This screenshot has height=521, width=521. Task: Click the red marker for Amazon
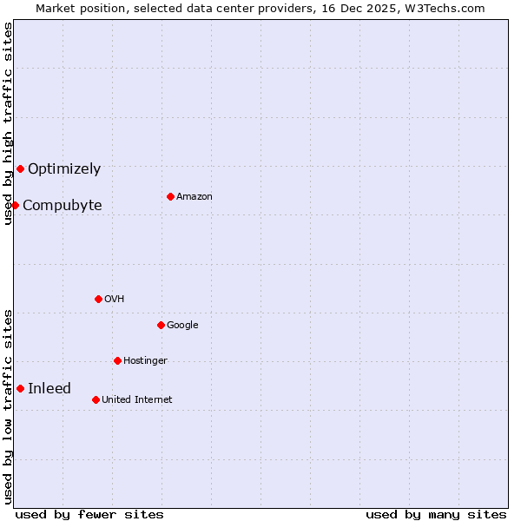pos(170,196)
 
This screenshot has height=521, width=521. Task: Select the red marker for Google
pos(161,325)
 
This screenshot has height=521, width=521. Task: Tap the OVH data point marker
pos(98,299)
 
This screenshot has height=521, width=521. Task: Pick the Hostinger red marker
pos(117,360)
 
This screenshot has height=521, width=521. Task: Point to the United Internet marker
pos(96,399)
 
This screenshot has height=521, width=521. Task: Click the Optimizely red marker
pos(20,168)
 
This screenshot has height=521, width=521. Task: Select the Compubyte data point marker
pos(15,205)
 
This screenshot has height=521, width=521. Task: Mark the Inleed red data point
pos(20,388)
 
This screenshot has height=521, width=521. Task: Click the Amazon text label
pos(195,197)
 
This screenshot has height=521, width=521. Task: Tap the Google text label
pos(182,326)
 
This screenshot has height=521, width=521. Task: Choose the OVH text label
pos(115,300)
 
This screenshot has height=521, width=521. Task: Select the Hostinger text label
pos(145,361)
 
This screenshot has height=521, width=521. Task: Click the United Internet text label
pos(137,400)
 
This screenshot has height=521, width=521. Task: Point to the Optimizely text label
pos(64,169)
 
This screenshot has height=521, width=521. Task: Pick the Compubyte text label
pos(63,206)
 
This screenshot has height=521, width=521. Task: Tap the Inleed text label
pos(49,389)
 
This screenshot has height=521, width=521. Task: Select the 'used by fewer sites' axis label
pos(89,514)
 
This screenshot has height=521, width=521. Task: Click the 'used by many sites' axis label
pos(436,514)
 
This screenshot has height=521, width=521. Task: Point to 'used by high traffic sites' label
pos(8,123)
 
